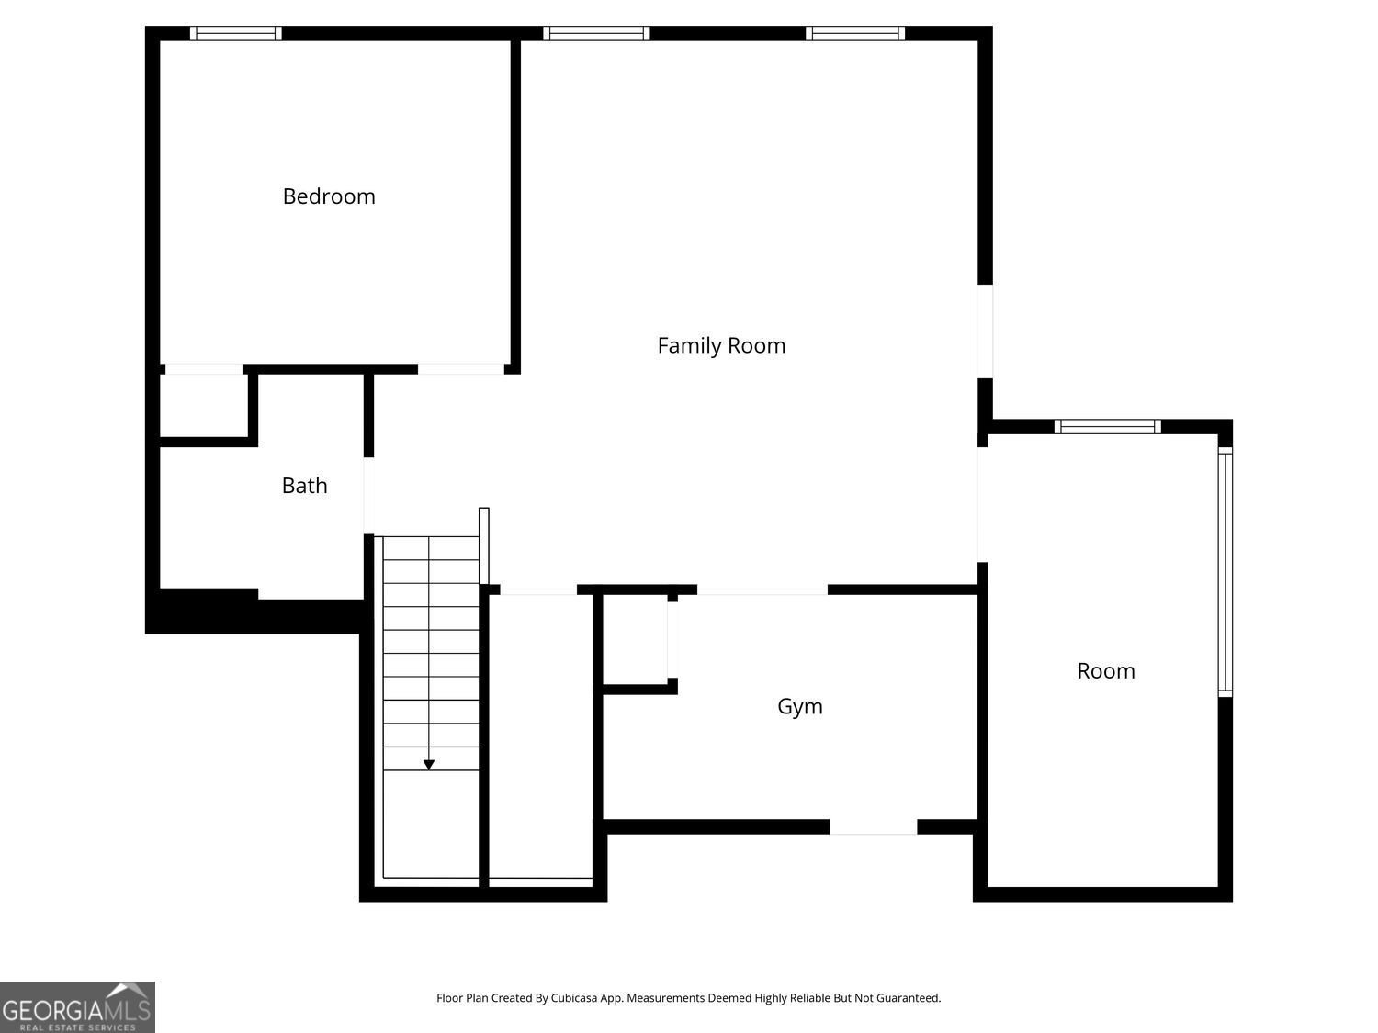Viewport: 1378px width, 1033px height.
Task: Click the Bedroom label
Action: [328, 196]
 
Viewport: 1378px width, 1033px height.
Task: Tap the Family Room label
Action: [721, 345]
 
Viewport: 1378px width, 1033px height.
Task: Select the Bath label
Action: [304, 486]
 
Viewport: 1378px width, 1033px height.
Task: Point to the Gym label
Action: [799, 707]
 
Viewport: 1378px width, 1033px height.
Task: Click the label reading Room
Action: [1105, 671]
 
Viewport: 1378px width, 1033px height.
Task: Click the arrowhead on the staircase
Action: [428, 765]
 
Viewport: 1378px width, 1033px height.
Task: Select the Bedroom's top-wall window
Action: [235, 33]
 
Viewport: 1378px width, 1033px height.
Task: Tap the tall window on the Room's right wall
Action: [1225, 571]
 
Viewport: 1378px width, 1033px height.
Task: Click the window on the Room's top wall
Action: [1107, 426]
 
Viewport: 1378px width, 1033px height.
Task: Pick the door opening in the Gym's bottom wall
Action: [873, 826]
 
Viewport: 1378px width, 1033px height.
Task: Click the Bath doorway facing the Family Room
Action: [369, 496]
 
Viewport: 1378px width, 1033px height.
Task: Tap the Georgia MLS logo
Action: [77, 1006]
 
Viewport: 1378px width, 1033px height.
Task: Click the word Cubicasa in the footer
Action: [574, 998]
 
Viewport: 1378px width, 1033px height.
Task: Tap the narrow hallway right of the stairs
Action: [540, 736]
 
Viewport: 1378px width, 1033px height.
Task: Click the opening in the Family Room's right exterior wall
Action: [985, 331]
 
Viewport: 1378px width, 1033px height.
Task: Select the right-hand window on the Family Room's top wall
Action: [855, 33]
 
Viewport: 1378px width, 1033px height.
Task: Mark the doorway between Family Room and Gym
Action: [762, 589]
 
